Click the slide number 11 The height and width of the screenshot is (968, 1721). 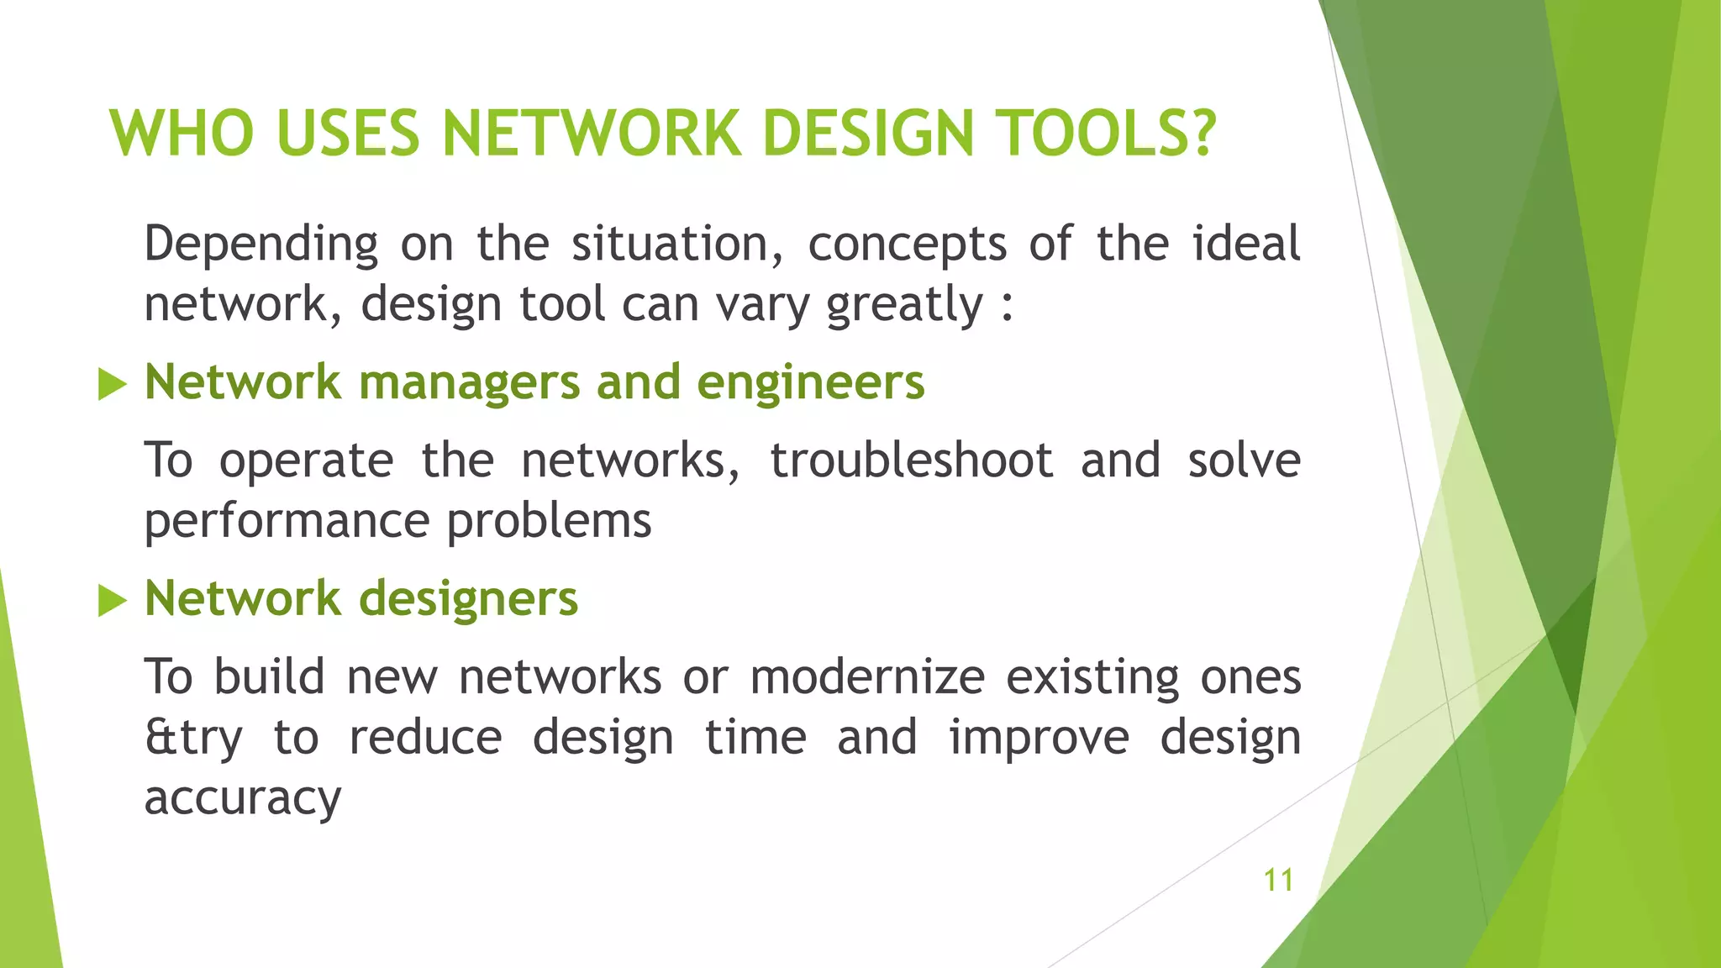pos(1278,880)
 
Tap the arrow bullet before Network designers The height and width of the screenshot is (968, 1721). pos(113,600)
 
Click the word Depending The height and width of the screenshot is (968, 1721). pos(261,245)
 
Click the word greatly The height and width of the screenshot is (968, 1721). pos(904,304)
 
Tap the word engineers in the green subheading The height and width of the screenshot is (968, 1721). pos(810,383)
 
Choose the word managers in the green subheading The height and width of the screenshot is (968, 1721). pos(469,383)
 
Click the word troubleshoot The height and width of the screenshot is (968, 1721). pos(911,460)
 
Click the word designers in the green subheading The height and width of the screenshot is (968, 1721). pos(469,599)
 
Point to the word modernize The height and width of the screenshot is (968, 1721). pos(867,676)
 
